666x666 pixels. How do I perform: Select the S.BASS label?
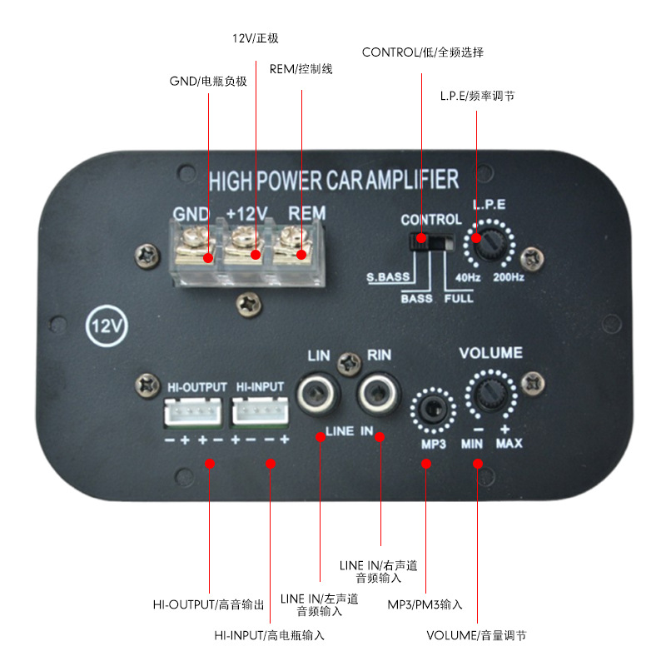(x=389, y=277)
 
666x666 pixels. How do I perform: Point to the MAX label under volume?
(x=509, y=444)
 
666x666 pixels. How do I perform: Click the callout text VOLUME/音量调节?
(x=476, y=636)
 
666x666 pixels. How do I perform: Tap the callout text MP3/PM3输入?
(x=425, y=604)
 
